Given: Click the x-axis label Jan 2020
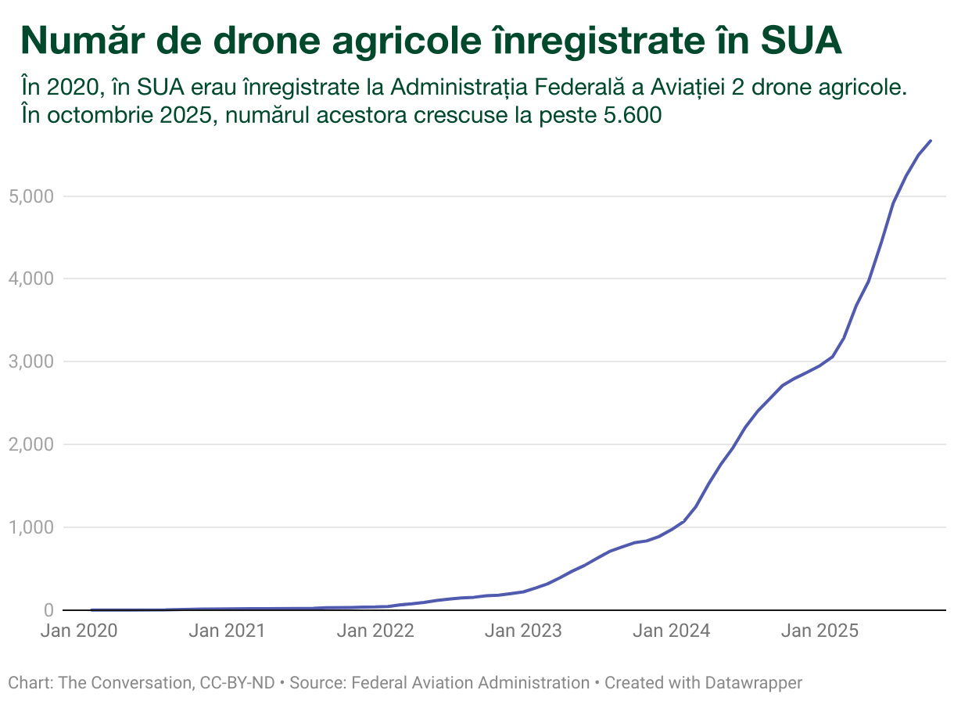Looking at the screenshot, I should (x=78, y=631).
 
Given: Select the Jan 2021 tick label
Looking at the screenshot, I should (x=227, y=631).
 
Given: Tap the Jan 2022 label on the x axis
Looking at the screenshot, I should (x=375, y=631).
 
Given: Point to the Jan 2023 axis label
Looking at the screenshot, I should (x=523, y=631).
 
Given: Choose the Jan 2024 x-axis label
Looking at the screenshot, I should (x=672, y=631).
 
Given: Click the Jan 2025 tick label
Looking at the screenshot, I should (x=820, y=631).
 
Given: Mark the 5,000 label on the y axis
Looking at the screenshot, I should (x=30, y=196).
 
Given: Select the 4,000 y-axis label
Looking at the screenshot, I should (x=30, y=279).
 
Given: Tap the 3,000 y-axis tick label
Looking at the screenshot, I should (x=30, y=361).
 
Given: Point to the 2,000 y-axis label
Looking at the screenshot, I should (x=30, y=444).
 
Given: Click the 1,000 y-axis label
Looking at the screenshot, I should (x=30, y=527).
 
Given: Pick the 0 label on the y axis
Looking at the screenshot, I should (x=48, y=610).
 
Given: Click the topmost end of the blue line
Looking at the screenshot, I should (x=931, y=141).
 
